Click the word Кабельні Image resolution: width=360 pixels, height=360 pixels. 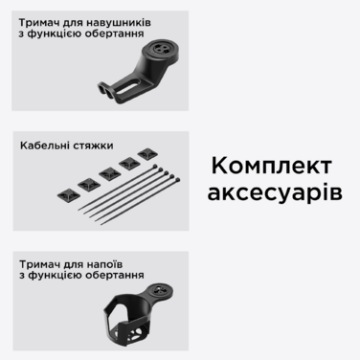[48, 147]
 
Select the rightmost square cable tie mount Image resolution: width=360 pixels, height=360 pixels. [146, 153]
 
